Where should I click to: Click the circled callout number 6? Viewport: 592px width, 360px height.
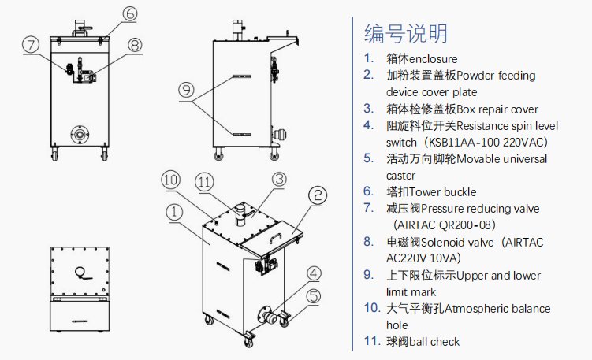pyautogui.click(x=130, y=13)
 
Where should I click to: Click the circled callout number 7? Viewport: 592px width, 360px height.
pyautogui.click(x=31, y=45)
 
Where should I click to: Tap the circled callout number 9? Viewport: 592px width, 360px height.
pyautogui.click(x=187, y=90)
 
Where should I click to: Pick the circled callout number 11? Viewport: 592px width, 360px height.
pyautogui.click(x=206, y=183)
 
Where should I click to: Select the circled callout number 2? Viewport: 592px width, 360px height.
pyautogui.click(x=318, y=194)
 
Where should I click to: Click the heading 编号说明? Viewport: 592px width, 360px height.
pyautogui.click(x=406, y=32)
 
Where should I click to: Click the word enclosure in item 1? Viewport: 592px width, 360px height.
pyautogui.click(x=433, y=59)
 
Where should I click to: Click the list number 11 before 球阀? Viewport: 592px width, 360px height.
pyautogui.click(x=370, y=341)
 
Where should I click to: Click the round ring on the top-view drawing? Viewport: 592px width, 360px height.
pyautogui.click(x=80, y=272)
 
